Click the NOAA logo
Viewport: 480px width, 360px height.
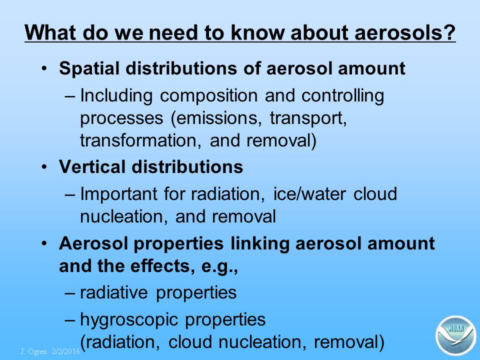click(x=455, y=335)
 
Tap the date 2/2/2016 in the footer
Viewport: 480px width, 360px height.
click(x=66, y=351)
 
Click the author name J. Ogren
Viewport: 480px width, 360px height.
click(x=34, y=351)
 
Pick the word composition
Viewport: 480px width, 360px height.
click(x=209, y=95)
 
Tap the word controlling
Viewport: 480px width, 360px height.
click(x=343, y=95)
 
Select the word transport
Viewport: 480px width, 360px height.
click(x=308, y=118)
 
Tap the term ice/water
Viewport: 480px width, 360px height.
click(x=309, y=194)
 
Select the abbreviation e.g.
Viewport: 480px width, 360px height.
click(x=219, y=266)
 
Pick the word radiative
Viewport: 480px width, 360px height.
click(x=114, y=292)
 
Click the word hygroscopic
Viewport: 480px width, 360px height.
click(x=129, y=320)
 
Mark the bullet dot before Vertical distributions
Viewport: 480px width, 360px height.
click(x=45, y=167)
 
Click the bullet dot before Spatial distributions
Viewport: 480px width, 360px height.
click(x=45, y=68)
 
